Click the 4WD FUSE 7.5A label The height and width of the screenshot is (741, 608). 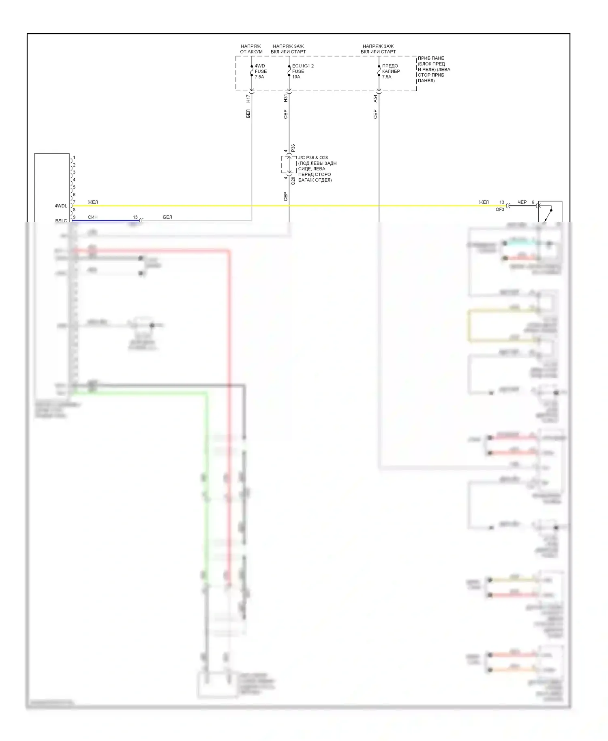click(261, 71)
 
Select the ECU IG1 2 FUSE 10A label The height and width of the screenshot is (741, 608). click(302, 71)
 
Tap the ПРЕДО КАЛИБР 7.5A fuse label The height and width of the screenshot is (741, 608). click(391, 71)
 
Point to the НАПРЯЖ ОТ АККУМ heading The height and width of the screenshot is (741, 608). click(251, 49)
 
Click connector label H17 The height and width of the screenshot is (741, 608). click(248, 98)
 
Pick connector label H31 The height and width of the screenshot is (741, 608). click(285, 98)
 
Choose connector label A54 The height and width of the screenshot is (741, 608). click(375, 98)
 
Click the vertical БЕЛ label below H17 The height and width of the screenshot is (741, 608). click(248, 114)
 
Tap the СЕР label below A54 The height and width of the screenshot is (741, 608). click(375, 114)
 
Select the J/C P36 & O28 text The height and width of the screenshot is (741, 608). click(313, 158)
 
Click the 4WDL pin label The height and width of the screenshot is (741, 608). click(61, 206)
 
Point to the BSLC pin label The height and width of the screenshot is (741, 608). click(61, 221)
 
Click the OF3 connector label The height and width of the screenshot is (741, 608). click(500, 210)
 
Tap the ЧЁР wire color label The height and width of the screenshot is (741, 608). click(522, 202)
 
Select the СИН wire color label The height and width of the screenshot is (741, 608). click(93, 217)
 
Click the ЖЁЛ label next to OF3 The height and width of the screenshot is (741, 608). click(484, 202)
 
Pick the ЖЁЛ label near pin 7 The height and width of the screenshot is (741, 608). click(93, 202)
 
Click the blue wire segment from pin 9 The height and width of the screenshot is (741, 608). click(105, 221)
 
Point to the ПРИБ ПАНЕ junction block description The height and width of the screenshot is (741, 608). click(434, 69)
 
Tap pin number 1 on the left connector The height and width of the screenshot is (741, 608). click(74, 158)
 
